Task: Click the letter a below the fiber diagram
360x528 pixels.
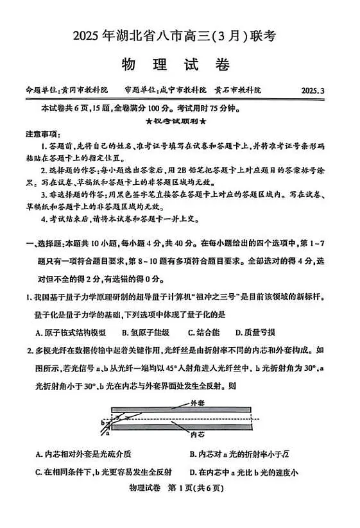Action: tap(107, 434)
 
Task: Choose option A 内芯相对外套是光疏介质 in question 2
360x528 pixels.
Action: tap(84, 454)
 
